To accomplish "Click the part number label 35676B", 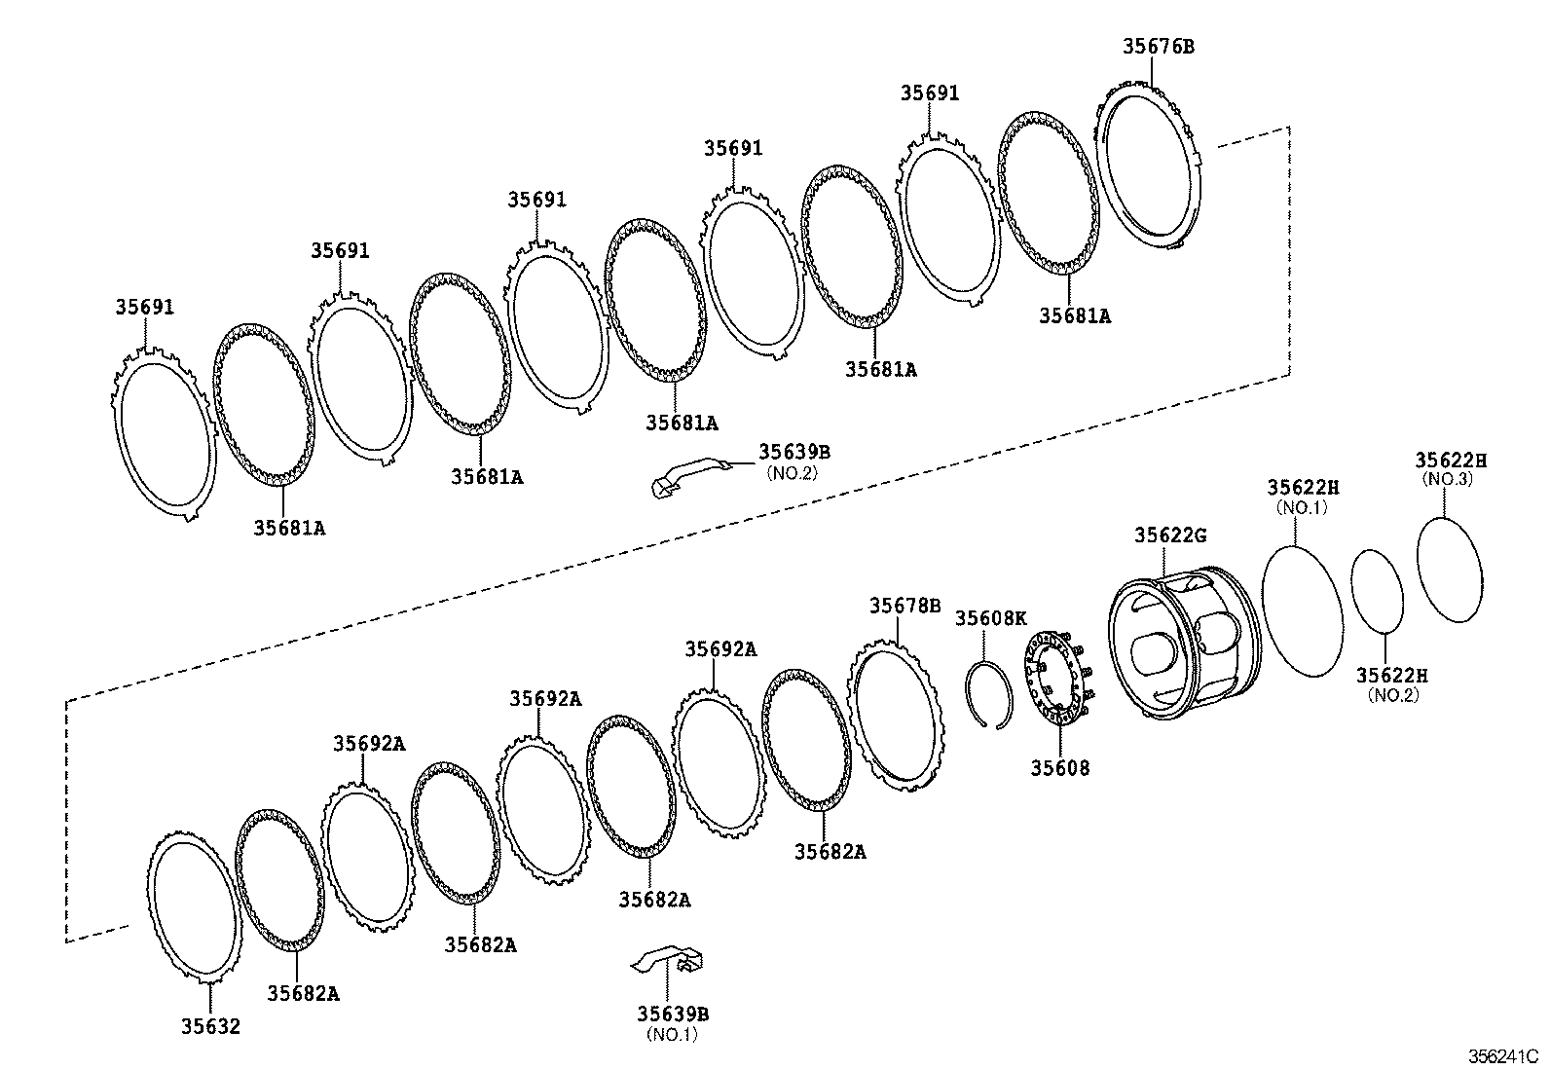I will click(x=1158, y=45).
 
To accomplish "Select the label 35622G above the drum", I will click(x=1170, y=535).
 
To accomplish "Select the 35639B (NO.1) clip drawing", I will click(x=672, y=961).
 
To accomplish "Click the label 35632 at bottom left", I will click(x=209, y=1025).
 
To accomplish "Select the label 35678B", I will click(x=904, y=606).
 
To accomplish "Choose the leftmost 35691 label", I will click(x=144, y=307).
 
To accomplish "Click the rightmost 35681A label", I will click(x=1074, y=315).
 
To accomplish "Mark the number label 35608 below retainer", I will click(x=1060, y=767).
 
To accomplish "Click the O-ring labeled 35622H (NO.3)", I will click(x=1449, y=568).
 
